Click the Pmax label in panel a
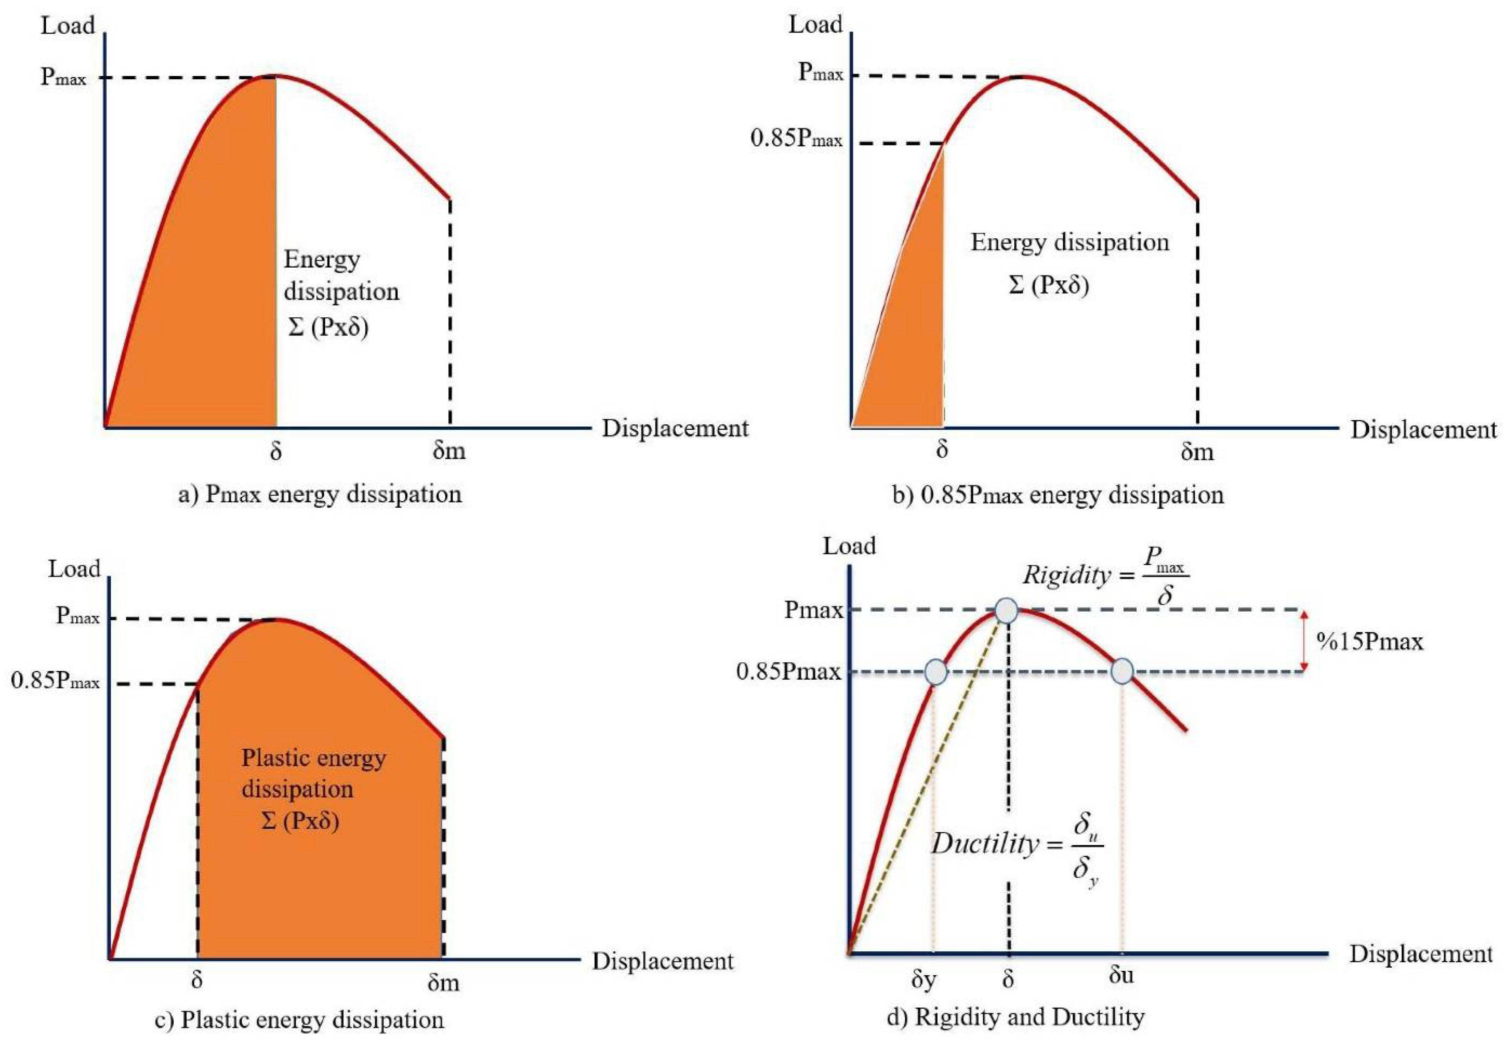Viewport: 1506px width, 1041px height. pos(63,77)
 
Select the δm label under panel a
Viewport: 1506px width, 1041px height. pos(449,451)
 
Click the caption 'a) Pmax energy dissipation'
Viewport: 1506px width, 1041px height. pos(320,495)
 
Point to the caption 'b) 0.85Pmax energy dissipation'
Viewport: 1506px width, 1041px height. pos(1058,496)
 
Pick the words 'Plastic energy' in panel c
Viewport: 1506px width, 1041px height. pos(314,758)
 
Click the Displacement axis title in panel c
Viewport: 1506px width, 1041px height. pos(663,961)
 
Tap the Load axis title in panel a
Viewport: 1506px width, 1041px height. pos(68,26)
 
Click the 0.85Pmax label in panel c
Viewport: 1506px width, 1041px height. pos(56,682)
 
